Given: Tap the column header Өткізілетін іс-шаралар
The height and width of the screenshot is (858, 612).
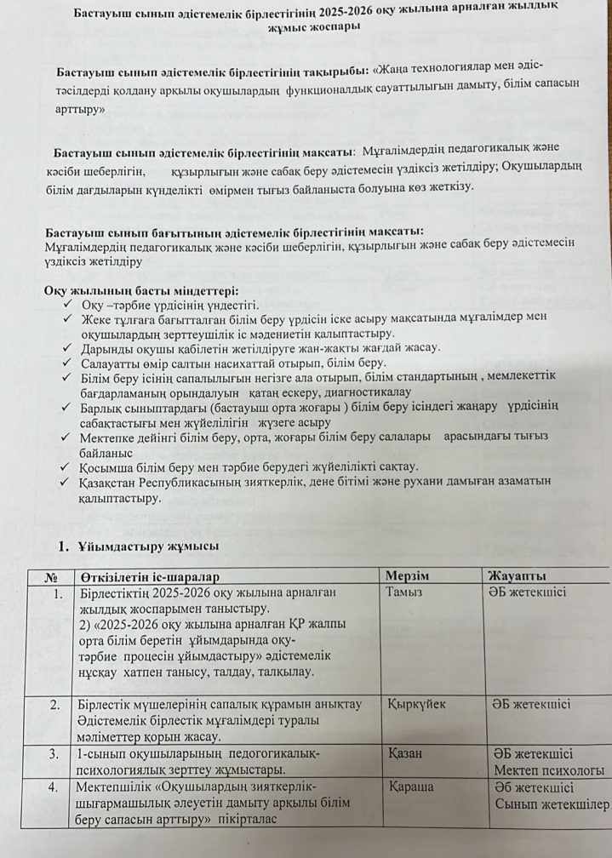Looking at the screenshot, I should click(x=150, y=576).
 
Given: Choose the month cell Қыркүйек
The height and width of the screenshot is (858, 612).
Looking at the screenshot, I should click(x=417, y=704).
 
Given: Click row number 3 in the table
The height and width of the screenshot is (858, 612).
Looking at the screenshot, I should click(x=54, y=753).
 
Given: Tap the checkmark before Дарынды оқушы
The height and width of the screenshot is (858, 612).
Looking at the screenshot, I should click(x=69, y=347).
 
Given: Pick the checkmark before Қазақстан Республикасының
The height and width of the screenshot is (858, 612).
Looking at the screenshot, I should click(x=69, y=482).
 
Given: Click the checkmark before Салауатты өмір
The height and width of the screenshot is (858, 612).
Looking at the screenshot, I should click(x=69, y=363).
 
